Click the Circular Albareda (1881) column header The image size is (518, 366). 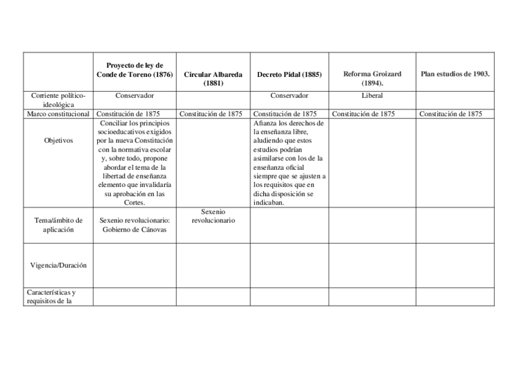(x=213, y=79)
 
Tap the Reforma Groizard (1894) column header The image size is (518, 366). (x=372, y=78)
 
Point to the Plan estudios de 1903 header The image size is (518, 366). (x=455, y=74)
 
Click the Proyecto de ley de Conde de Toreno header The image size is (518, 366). (x=134, y=70)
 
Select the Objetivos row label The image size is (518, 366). (x=58, y=141)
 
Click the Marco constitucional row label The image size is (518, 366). (x=58, y=114)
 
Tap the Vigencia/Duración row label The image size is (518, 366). (x=58, y=265)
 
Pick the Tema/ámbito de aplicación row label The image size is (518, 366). (x=58, y=225)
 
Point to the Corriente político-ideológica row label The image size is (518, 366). (x=58, y=100)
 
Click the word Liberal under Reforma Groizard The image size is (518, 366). (x=372, y=95)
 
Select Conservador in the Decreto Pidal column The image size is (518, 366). (x=290, y=95)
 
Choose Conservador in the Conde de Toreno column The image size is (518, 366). (x=134, y=95)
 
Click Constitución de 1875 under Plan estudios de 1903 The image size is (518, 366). (x=450, y=114)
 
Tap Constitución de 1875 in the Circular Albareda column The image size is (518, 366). (x=211, y=114)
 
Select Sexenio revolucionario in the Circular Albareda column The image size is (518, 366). (x=213, y=216)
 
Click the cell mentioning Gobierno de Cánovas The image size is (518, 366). (x=134, y=225)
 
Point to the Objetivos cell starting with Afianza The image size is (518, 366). (x=289, y=163)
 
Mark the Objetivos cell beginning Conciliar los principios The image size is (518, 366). (x=134, y=163)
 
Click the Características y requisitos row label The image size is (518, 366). (x=51, y=296)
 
